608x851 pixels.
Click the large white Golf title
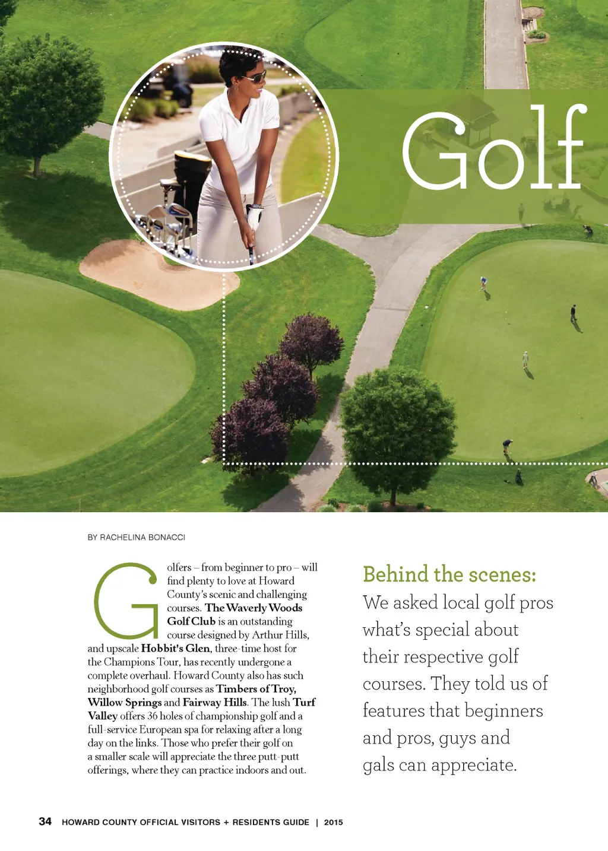coord(494,150)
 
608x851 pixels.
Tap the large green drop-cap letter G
coord(126,601)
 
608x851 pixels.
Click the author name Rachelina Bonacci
coord(137,537)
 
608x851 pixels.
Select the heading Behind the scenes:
coord(449,574)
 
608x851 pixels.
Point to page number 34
coord(45,821)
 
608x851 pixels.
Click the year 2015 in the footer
coord(333,823)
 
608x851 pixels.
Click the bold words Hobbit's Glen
coord(175,648)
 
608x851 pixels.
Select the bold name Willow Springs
coord(125,702)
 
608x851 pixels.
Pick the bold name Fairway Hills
coord(214,702)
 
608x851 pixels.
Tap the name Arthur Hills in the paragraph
coord(280,634)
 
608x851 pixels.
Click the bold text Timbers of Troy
coord(256,688)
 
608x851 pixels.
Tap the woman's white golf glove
coord(255,217)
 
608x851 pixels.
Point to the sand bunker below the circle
coord(148,273)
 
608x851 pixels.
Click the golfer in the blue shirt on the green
coord(483,282)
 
